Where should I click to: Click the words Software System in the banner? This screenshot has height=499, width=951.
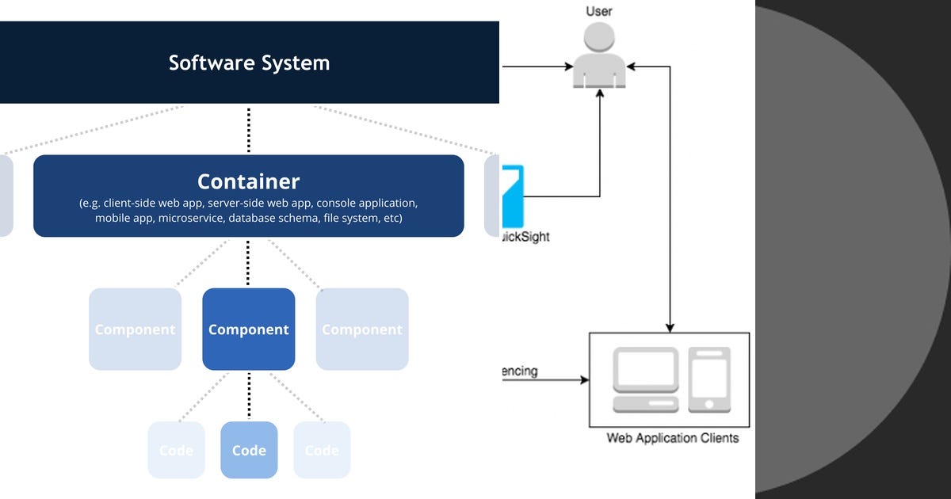pos(249,63)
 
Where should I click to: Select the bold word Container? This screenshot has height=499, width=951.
pos(248,181)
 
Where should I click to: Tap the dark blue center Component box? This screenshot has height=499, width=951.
pos(249,329)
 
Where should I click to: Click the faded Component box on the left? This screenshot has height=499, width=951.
pos(135,329)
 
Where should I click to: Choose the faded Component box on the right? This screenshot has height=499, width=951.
pos(362,329)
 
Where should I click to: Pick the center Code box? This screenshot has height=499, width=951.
pos(249,450)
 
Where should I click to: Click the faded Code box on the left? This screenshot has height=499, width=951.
pos(176,450)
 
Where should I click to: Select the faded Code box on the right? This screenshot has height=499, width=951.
pos(322,450)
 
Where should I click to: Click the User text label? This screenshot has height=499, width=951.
pos(599,11)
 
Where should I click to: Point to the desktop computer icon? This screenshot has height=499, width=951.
pos(646,379)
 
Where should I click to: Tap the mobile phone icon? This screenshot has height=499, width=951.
pos(709,379)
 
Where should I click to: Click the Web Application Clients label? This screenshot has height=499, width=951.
pos(672,438)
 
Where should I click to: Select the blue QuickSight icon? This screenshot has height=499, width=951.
pos(513,194)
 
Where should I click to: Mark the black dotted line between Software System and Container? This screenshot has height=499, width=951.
pos(249,130)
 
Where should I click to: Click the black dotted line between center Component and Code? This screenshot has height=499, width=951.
pos(249,395)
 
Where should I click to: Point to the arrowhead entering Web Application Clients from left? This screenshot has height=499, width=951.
pos(585,380)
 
